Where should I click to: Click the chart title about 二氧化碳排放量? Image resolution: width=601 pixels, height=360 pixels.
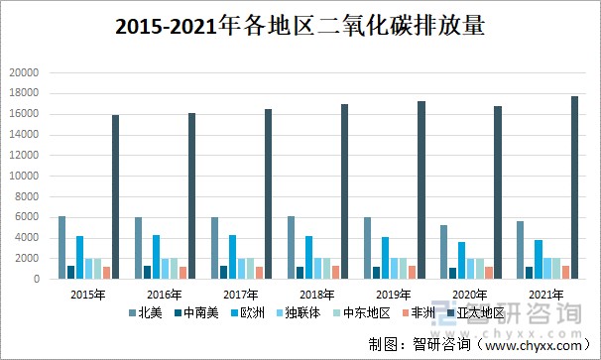tap(300, 27)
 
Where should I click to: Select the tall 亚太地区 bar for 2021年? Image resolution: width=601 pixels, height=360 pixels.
tap(575, 187)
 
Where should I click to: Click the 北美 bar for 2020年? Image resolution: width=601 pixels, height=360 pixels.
tap(444, 252)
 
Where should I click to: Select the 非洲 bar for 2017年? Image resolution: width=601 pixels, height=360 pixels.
tap(260, 273)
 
